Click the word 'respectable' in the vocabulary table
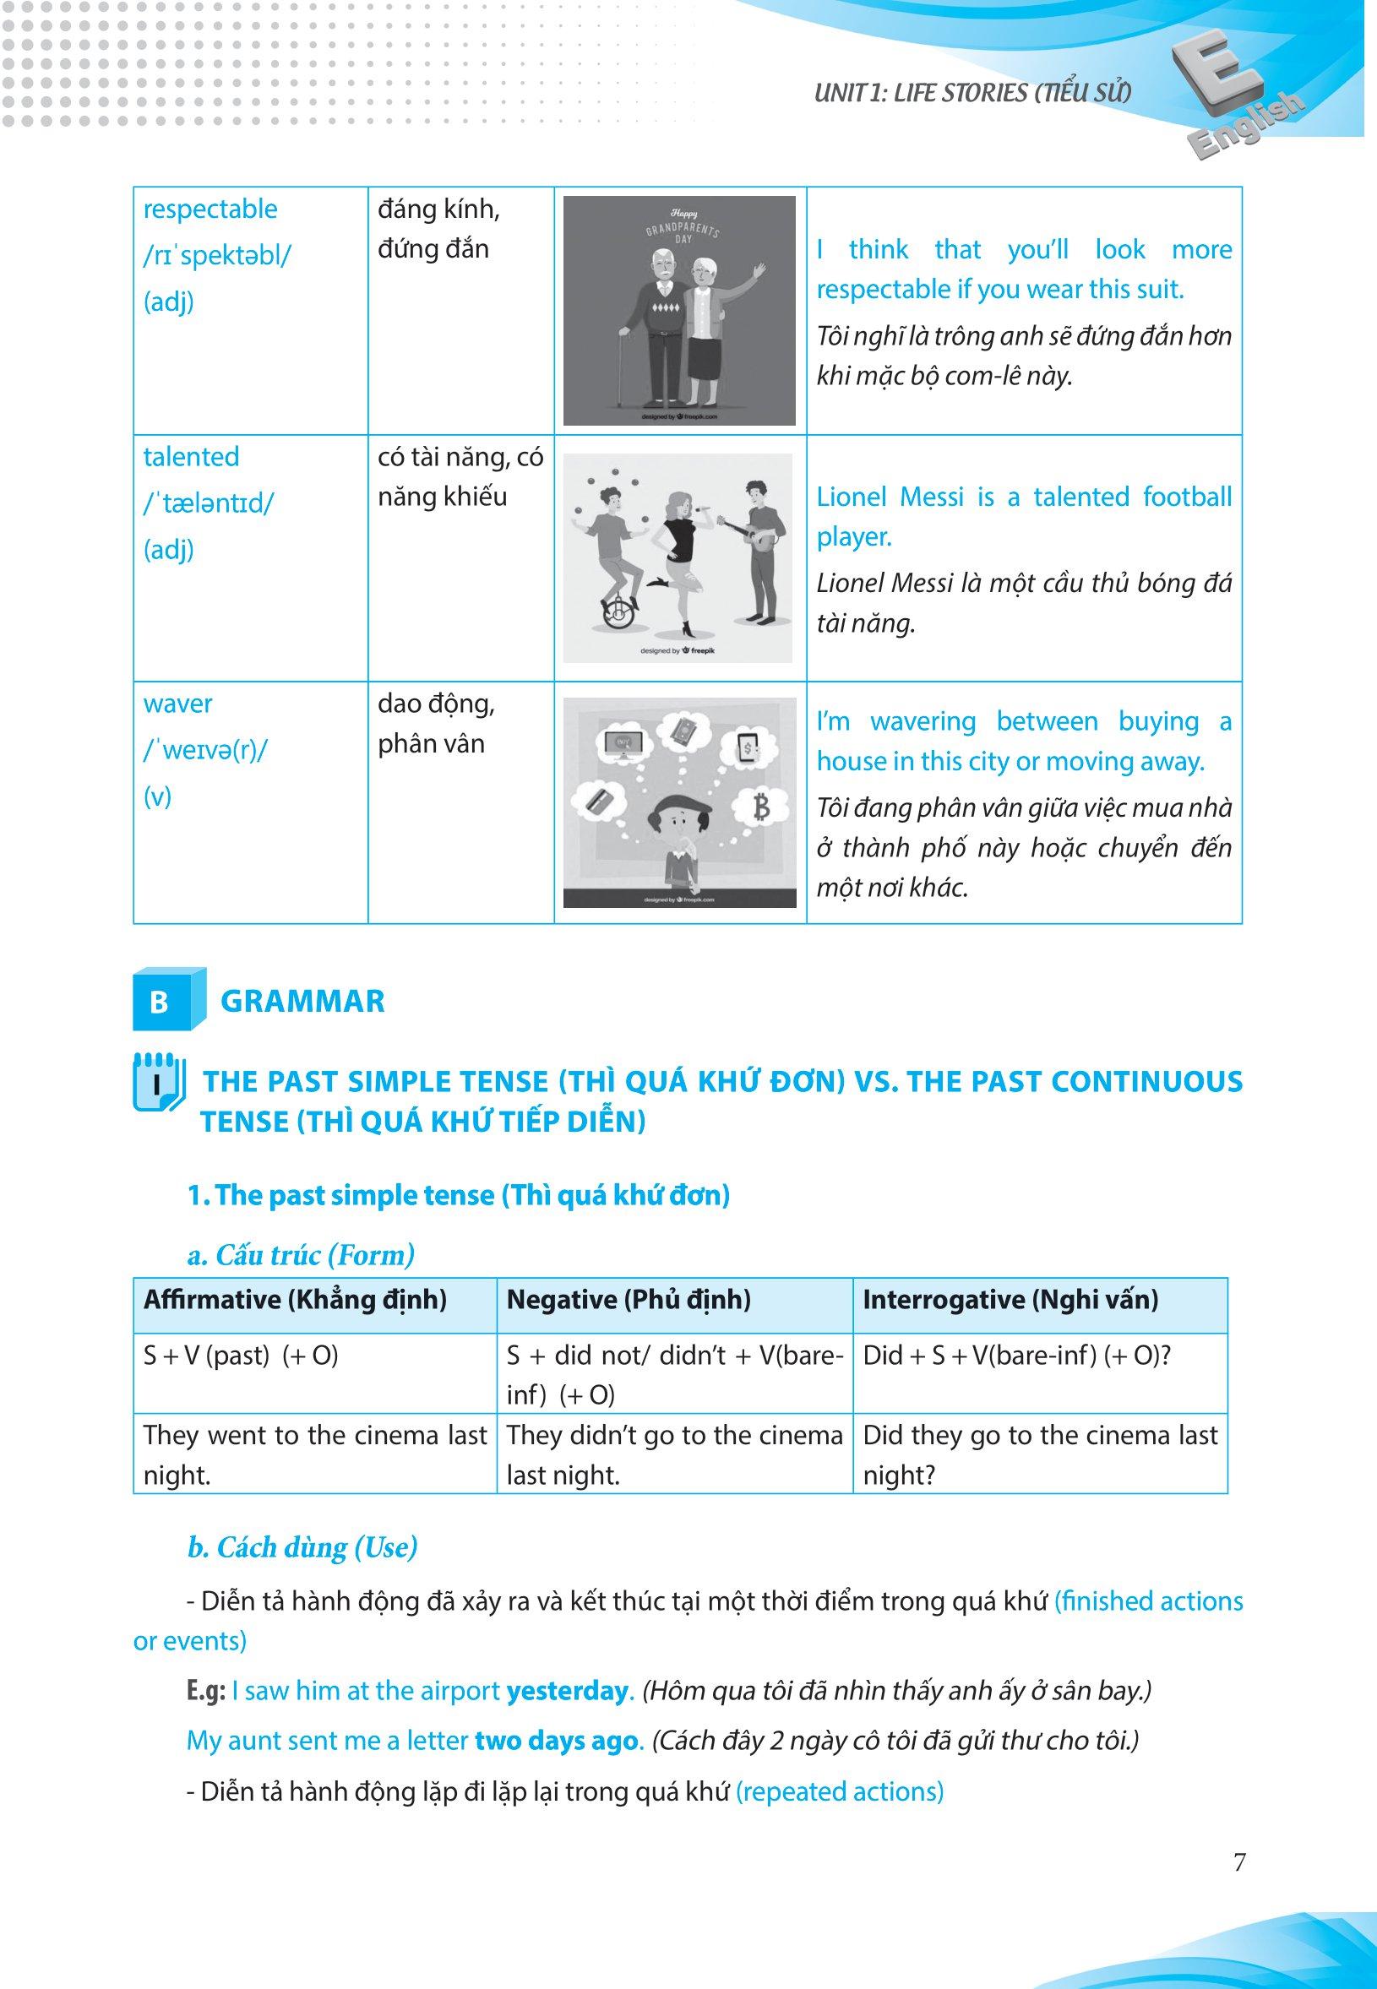[x=210, y=209]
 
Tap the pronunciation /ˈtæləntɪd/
[x=208, y=503]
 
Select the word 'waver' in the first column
[x=177, y=704]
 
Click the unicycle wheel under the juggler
[x=616, y=615]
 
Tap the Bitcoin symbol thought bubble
[x=761, y=807]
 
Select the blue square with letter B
[x=160, y=1002]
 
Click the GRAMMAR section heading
[x=302, y=1002]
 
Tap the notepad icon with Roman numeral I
[x=158, y=1082]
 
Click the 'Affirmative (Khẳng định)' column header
[x=295, y=1300]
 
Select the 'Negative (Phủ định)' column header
[x=629, y=1300]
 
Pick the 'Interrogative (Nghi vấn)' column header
[x=1010, y=1300]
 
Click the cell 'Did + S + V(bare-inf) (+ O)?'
[x=1016, y=1356]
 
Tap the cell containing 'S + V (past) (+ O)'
[x=241, y=1356]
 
